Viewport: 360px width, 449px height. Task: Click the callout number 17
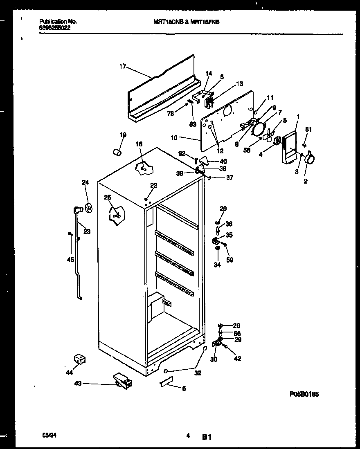[122, 67]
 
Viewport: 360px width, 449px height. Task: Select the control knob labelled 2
[311, 157]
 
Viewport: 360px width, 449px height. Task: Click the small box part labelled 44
[79, 359]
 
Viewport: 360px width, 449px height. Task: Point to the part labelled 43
[122, 381]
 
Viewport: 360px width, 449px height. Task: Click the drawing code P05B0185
[304, 394]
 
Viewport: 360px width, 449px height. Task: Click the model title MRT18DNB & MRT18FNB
[183, 23]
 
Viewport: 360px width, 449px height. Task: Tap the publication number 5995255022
[55, 29]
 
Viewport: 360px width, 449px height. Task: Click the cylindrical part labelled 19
[117, 153]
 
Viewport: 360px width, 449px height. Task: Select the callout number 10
[174, 138]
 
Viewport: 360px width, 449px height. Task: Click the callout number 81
[308, 130]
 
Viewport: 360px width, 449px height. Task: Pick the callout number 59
[229, 259]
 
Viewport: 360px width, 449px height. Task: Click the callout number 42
[237, 359]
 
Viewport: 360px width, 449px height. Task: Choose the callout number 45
[70, 259]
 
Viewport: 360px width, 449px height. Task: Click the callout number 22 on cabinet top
[153, 185]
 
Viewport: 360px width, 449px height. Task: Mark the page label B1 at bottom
[206, 437]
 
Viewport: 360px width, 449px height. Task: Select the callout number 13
[239, 84]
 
